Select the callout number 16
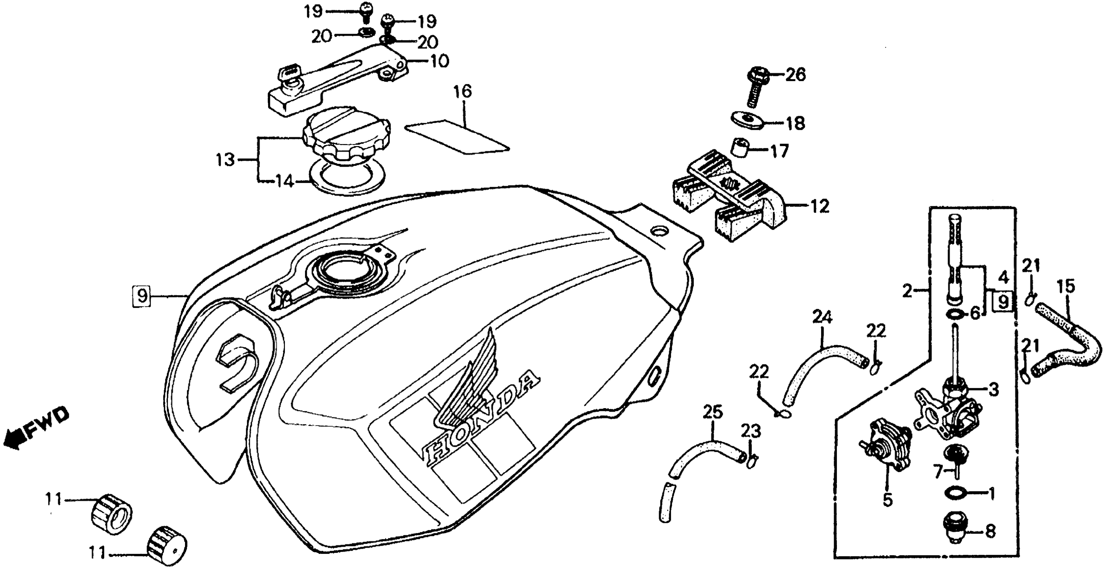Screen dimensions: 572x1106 click(462, 92)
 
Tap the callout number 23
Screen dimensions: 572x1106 click(750, 431)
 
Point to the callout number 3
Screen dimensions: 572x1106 click(994, 390)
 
